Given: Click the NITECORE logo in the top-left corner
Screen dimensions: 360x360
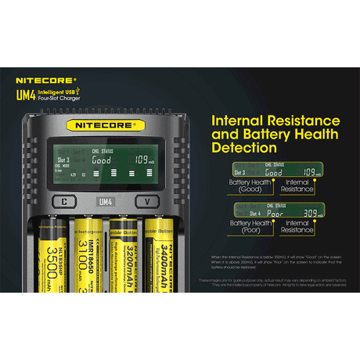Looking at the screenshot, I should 45,80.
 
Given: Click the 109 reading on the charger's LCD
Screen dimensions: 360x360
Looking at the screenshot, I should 142,160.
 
